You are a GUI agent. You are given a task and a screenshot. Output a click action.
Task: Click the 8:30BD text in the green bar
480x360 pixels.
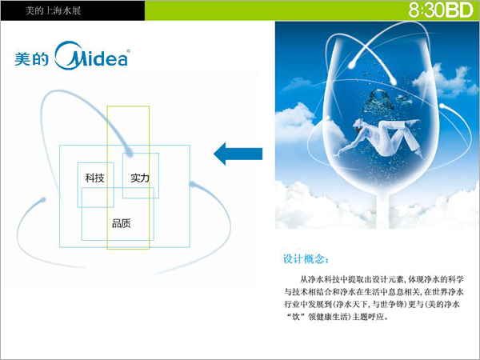pos(441,10)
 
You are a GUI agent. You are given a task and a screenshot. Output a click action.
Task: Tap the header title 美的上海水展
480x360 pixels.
pos(53,10)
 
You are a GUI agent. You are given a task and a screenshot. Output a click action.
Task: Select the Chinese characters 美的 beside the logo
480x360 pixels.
pos(31,58)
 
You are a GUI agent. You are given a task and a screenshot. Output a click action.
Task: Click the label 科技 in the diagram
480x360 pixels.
pos(95,178)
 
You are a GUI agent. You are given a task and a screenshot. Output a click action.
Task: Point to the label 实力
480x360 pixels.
pos(140,178)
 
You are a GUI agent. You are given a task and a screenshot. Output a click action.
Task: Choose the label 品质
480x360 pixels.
pos(122,223)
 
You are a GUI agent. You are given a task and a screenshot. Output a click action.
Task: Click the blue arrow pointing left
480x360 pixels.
pos(238,154)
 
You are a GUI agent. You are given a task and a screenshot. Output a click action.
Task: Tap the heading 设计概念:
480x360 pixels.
pos(306,259)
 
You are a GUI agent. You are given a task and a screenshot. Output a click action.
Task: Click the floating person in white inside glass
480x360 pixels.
pos(382,137)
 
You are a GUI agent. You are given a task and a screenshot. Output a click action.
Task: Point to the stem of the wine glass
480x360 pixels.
pos(382,211)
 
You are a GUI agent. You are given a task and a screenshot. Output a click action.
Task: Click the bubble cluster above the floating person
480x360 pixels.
pos(379,101)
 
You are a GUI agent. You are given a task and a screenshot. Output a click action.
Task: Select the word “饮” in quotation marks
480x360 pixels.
pos(296,317)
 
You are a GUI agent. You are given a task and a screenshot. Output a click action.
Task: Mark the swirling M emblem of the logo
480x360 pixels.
pos(69,55)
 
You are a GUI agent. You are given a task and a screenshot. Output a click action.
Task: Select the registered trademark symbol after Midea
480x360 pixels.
pos(128,51)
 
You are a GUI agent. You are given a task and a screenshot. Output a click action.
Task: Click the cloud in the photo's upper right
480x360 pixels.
pos(446,80)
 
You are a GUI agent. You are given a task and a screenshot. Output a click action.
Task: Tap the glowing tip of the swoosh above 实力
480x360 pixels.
pos(129,152)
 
